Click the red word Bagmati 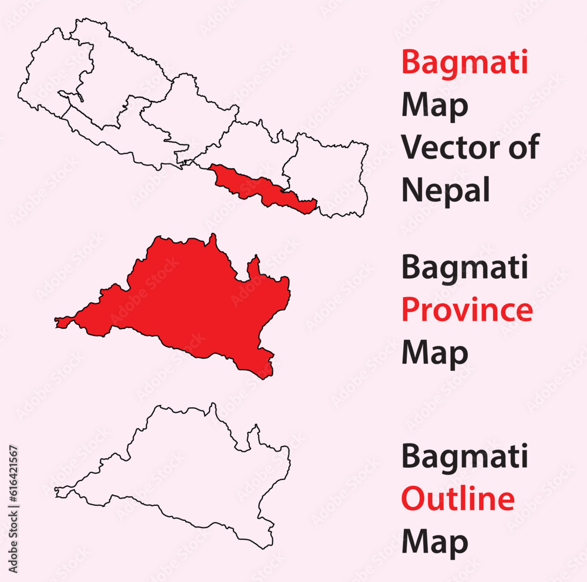pos(464,63)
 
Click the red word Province pos(467,310)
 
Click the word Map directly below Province pos(434,353)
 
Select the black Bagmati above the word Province pos(464,268)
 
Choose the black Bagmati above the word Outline pos(464,457)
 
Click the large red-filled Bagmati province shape pos(194,299)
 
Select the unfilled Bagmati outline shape pos(194,469)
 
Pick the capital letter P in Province pos(411,310)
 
